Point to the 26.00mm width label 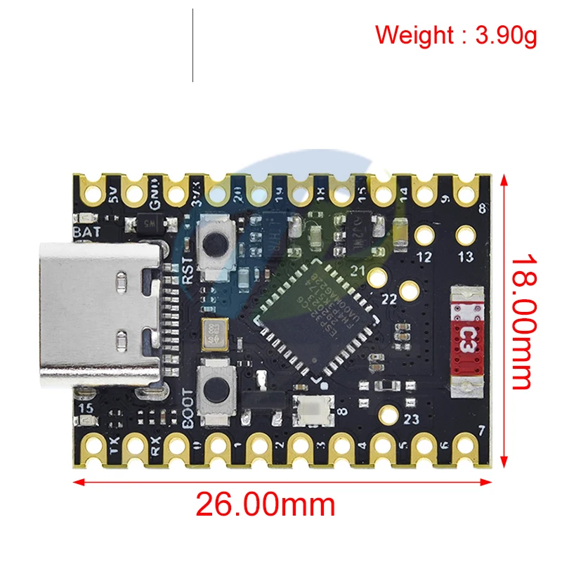265,504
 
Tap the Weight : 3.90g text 456,34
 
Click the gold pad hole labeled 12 424,234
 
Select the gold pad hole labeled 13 465,234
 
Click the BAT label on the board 86,230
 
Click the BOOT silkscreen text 188,408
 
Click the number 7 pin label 482,431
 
